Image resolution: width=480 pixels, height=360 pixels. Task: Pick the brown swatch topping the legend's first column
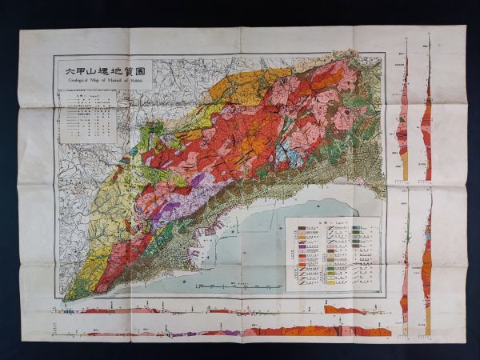coord(302,229)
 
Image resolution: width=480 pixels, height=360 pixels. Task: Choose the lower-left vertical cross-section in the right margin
coord(406,264)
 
